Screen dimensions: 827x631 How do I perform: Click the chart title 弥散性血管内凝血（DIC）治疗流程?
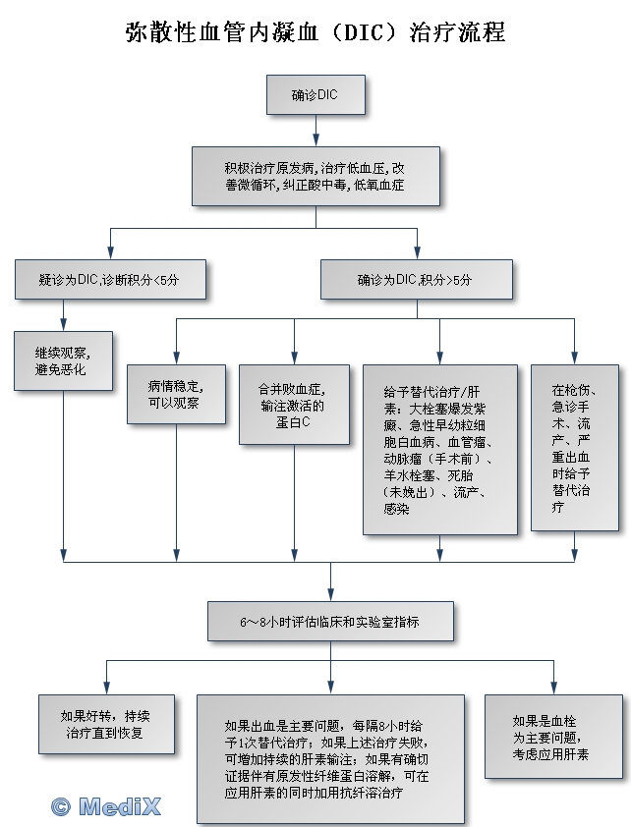coord(315,32)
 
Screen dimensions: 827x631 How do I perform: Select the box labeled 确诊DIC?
coord(315,94)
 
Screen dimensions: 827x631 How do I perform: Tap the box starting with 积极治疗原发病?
coord(315,175)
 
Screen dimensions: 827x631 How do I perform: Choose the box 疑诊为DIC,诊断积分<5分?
coord(110,280)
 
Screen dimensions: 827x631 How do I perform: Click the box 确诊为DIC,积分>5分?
coord(416,280)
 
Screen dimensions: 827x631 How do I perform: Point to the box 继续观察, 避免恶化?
coord(63,360)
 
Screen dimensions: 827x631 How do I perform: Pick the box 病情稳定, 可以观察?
coord(176,393)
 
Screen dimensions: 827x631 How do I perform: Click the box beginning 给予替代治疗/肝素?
coord(439,449)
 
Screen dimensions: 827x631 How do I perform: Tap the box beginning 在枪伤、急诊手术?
coord(575,447)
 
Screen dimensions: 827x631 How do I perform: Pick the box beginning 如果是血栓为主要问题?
coord(553,737)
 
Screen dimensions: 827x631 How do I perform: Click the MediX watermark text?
coord(119,805)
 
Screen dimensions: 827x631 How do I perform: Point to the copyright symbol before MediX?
coord(61,805)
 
